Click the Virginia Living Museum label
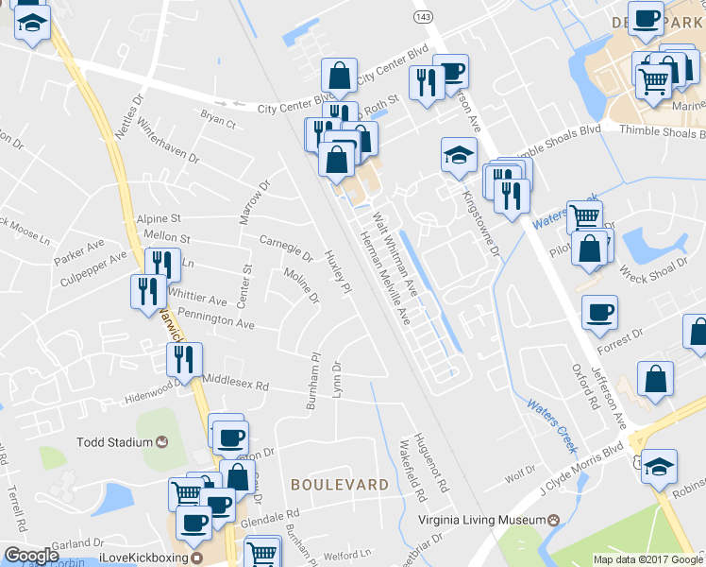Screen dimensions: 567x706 click(x=481, y=520)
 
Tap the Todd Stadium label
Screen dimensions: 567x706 click(x=115, y=442)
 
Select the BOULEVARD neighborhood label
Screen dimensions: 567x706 click(x=340, y=484)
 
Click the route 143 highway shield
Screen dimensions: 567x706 click(x=424, y=17)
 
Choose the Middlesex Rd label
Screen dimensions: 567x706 click(x=236, y=386)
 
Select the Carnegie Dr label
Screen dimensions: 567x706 click(x=286, y=248)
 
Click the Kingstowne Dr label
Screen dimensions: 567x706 click(x=479, y=220)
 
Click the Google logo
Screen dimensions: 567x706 click(x=31, y=556)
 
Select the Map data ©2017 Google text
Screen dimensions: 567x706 click(x=647, y=559)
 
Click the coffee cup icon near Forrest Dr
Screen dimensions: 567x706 click(x=598, y=312)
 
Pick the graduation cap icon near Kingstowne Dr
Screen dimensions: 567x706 click(x=459, y=154)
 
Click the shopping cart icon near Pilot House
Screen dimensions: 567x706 click(x=585, y=216)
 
